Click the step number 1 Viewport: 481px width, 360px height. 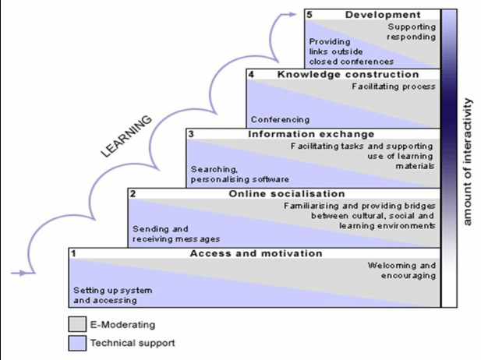pos(73,253)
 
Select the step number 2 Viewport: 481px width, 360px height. pos(133,193)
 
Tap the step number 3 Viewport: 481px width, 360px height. pos(191,134)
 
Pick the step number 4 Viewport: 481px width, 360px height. pos(251,74)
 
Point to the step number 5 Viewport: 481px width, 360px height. pos(310,15)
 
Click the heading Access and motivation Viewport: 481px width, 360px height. pos(256,253)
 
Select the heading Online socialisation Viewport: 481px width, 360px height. pos(286,193)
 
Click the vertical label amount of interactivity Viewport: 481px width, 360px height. pos(468,162)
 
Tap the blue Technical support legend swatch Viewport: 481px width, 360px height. pos(76,342)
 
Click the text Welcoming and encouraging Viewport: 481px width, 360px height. pos(401,270)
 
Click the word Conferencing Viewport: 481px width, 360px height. pos(280,120)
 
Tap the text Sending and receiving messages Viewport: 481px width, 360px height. pos(175,234)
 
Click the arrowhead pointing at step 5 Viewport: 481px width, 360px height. pos(299,13)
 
